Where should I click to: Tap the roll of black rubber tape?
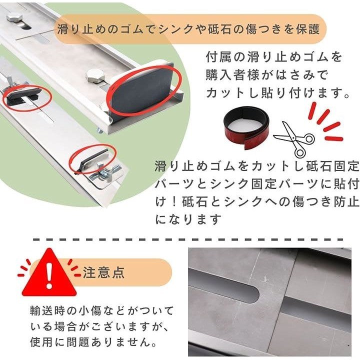click(247, 128)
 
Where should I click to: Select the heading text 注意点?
click(104, 272)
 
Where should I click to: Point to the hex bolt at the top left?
click(15, 17)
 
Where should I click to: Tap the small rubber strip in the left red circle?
click(22, 93)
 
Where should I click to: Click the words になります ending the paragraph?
click(188, 219)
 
